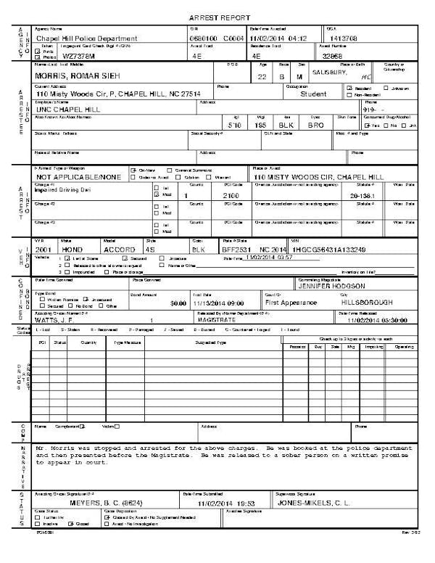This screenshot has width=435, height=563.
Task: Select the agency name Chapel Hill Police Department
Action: coord(86,38)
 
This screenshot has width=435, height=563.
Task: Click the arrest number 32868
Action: coord(331,54)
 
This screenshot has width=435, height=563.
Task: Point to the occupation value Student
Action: coord(313,94)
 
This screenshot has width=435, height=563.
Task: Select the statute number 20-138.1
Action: coord(363,196)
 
